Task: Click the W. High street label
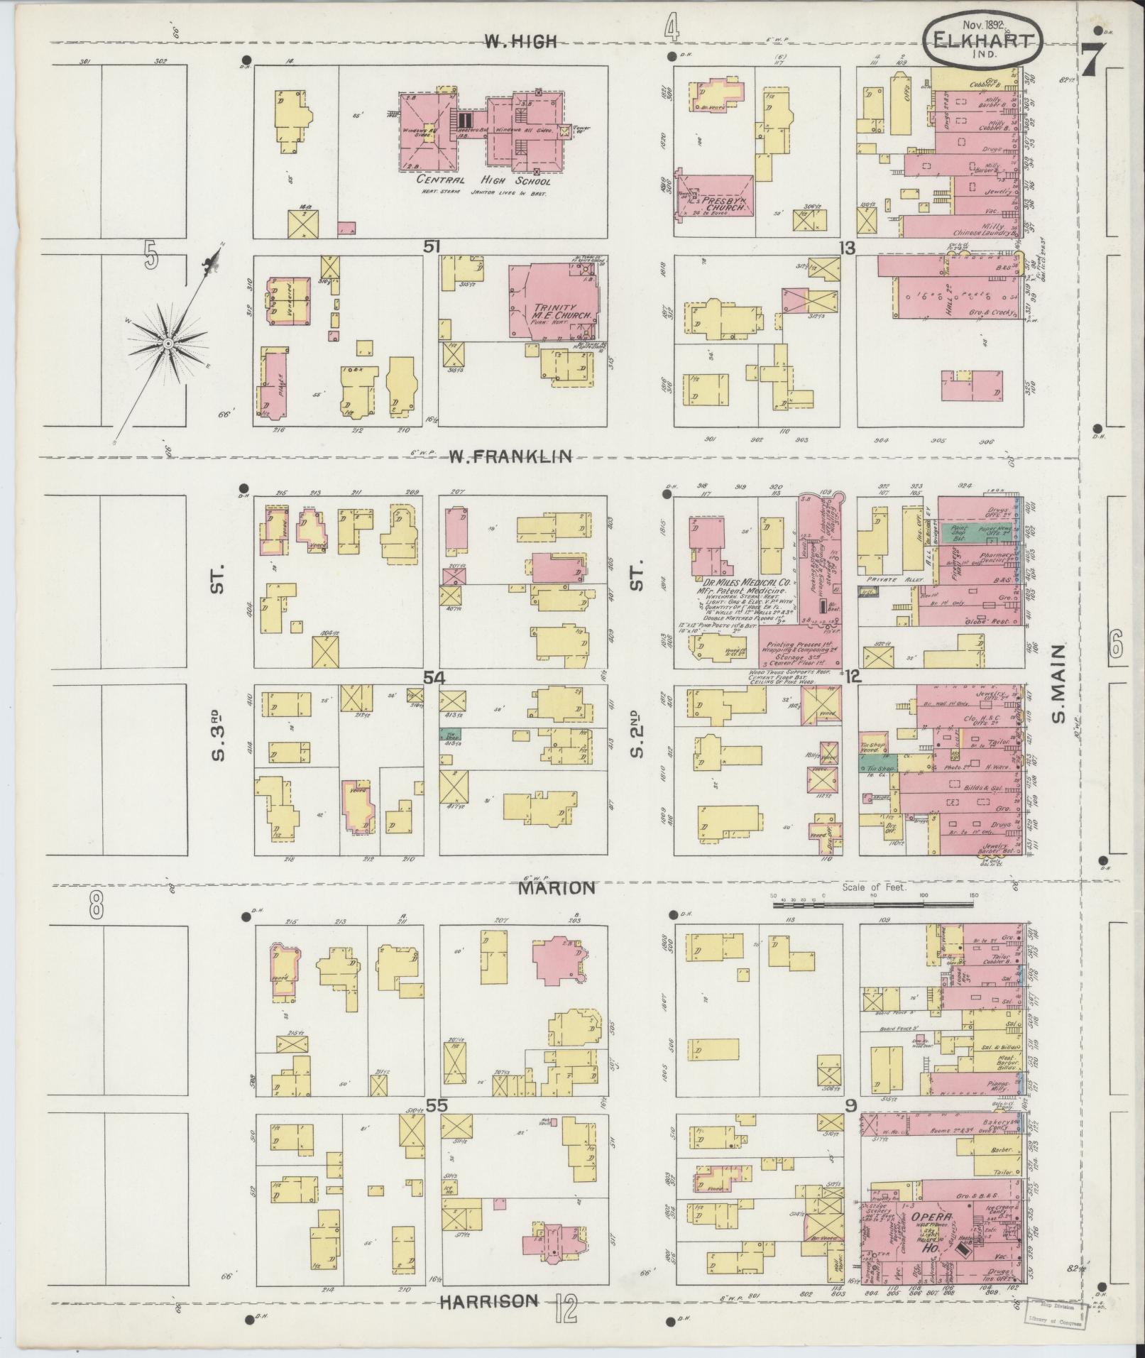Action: pyautogui.click(x=520, y=42)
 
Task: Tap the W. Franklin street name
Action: pyautogui.click(x=509, y=456)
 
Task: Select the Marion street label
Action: pyautogui.click(x=555, y=887)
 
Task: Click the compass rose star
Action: pyautogui.click(x=168, y=344)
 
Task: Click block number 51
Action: pyautogui.click(x=432, y=246)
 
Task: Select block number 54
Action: pyautogui.click(x=434, y=678)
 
